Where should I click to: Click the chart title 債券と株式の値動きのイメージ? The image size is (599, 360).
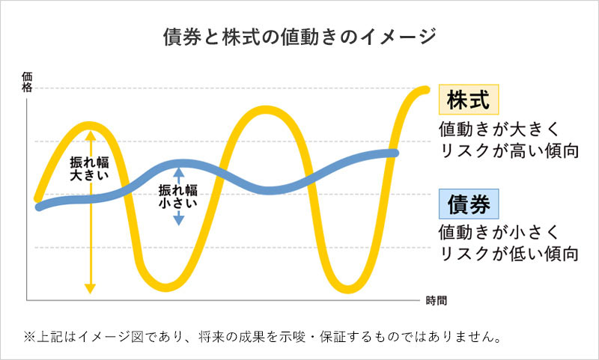(x=299, y=37)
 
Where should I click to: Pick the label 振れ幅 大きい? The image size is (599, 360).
(x=90, y=168)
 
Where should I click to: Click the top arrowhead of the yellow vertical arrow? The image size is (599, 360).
(x=90, y=135)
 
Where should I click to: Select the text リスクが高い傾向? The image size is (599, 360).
(x=510, y=150)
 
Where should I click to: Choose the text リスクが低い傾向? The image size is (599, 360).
(x=510, y=253)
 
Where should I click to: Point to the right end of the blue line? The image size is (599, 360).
(x=395, y=153)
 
